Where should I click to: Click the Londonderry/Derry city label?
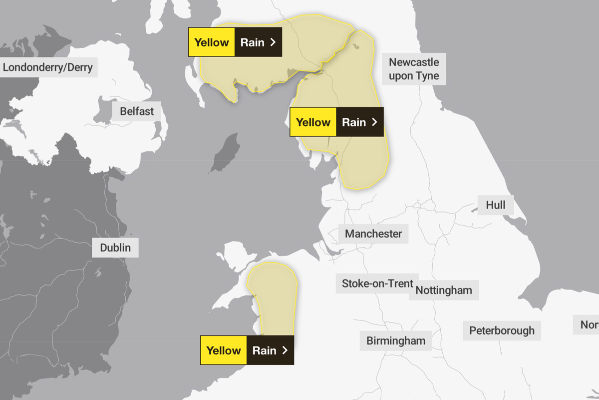(48, 67)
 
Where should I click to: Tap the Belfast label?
(137, 111)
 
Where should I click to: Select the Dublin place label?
(115, 247)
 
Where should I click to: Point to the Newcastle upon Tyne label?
(414, 69)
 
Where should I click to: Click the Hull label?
(495, 205)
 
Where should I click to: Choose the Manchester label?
(373, 233)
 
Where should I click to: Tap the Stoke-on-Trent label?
(377, 283)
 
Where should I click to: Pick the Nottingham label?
(444, 290)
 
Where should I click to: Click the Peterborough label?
(502, 330)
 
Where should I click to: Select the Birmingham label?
(396, 341)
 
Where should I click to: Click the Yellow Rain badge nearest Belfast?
(235, 42)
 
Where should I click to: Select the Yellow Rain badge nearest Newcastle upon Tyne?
(336, 122)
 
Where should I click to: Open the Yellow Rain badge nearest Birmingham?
(247, 350)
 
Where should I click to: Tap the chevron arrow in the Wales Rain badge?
(285, 350)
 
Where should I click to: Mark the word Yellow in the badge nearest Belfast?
(212, 42)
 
